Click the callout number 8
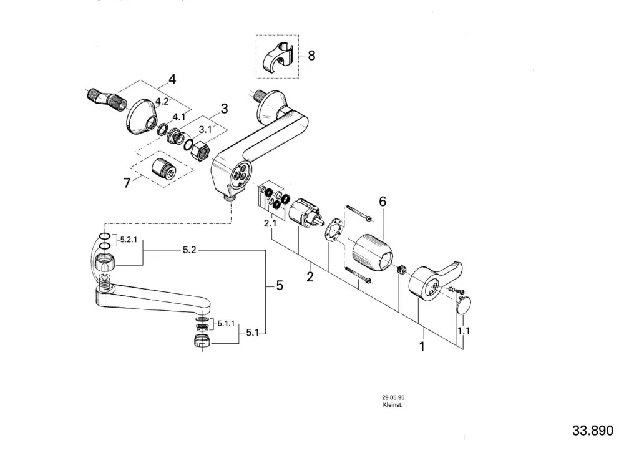[x=311, y=56]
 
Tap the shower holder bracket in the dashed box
[x=278, y=58]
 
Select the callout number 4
[x=172, y=80]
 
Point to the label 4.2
[x=162, y=102]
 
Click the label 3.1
[x=205, y=129]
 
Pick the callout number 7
[x=127, y=183]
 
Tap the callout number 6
[x=383, y=202]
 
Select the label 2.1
[x=270, y=224]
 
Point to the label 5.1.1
[x=226, y=324]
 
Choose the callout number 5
[x=280, y=285]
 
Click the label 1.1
[x=464, y=331]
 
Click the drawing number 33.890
[x=593, y=431]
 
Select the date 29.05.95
[x=393, y=397]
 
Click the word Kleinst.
[x=392, y=405]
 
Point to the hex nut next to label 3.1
[x=200, y=152]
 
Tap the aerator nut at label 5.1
[x=202, y=340]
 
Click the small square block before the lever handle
[x=401, y=269]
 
